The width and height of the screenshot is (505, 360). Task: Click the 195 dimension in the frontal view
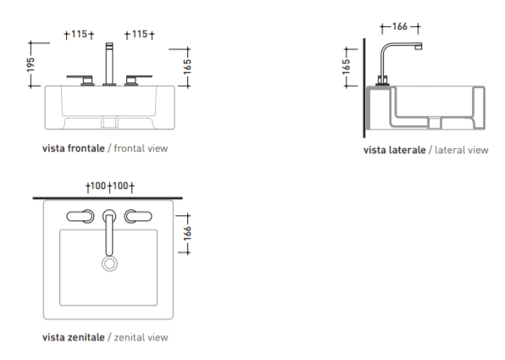click(x=31, y=64)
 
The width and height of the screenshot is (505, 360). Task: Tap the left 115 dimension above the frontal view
click(x=80, y=34)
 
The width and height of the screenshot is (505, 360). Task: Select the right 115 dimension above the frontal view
click(x=140, y=34)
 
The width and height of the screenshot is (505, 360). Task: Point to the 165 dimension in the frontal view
click(x=187, y=67)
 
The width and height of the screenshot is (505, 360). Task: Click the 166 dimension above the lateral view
click(x=400, y=26)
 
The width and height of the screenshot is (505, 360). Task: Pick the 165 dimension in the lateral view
click(x=346, y=67)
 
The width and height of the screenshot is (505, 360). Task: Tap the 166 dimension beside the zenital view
click(x=187, y=233)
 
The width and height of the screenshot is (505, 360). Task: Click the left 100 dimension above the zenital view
click(x=98, y=186)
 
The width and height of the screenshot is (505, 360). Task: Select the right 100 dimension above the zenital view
click(x=120, y=186)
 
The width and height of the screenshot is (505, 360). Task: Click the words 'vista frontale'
click(x=74, y=148)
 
